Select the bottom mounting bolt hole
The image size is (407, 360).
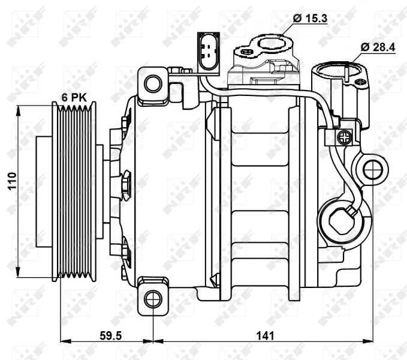pos(153,296)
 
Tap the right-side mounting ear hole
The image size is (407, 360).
pos(373,170)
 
